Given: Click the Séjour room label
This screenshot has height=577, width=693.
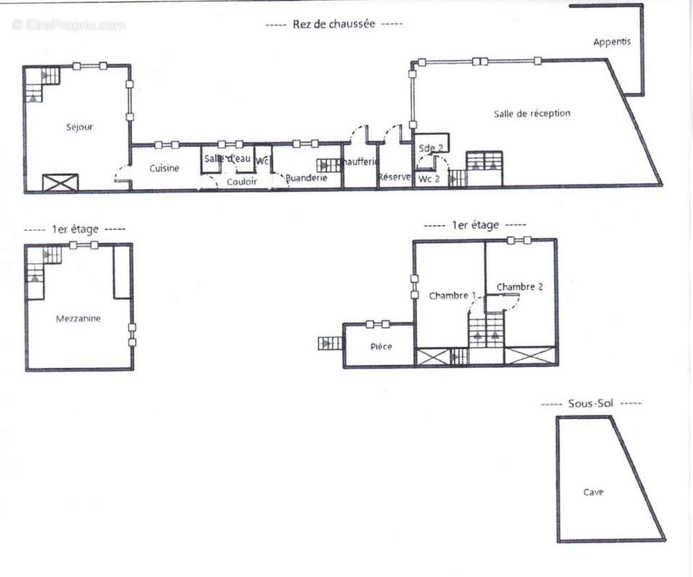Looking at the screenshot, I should (79, 127).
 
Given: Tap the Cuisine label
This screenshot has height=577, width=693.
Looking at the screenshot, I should (164, 168).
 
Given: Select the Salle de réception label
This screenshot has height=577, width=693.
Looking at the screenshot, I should (532, 113).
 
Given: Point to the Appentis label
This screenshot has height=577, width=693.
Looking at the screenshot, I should (612, 42).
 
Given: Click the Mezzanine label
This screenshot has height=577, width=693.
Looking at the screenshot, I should (79, 318).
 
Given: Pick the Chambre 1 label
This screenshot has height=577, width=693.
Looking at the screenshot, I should (452, 296).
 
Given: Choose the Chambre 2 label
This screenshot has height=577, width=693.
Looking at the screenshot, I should (519, 286).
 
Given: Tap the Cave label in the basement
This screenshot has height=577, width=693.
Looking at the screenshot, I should (594, 492).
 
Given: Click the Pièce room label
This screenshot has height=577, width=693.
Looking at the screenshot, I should (381, 347).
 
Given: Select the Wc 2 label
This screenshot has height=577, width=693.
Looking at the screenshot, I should (429, 178).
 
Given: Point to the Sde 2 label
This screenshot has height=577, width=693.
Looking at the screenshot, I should (430, 147).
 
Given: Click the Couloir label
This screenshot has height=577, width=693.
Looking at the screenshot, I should (242, 182).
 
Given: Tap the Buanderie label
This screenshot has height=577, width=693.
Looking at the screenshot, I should (307, 177).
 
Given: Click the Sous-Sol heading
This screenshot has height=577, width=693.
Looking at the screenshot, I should (590, 404).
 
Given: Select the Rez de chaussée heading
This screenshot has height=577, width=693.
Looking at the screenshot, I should (334, 24).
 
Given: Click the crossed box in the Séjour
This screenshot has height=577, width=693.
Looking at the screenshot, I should (60, 182).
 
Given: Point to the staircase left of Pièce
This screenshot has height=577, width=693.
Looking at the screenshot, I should (329, 343).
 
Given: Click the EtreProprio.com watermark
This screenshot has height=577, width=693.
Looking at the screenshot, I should (68, 25).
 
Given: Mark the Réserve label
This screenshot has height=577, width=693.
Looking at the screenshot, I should (394, 177).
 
